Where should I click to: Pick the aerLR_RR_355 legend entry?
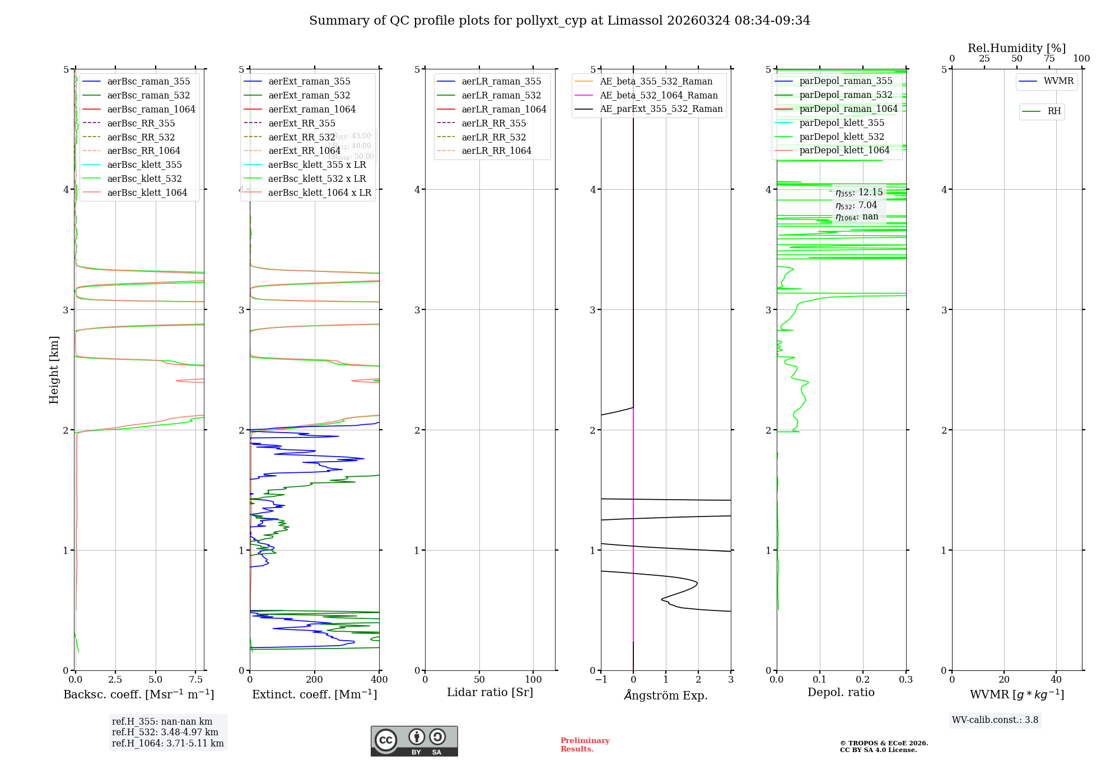(493, 123)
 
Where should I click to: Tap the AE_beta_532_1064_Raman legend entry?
(659, 95)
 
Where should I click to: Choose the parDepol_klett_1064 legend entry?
(844, 150)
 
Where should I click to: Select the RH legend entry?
(1054, 111)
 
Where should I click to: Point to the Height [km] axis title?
(54, 370)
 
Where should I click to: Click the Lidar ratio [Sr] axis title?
(490, 692)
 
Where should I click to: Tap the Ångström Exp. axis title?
(666, 695)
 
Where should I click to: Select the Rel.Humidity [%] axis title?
(1016, 48)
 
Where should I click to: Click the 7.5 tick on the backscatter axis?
(196, 679)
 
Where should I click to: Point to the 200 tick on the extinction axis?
(315, 679)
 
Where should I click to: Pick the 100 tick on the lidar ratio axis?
(533, 679)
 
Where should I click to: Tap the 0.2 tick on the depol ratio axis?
(863, 679)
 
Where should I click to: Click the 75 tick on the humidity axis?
(1049, 58)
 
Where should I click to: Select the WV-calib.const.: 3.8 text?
(995, 720)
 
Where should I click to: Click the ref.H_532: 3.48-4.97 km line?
(165, 732)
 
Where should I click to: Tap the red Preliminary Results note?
(585, 745)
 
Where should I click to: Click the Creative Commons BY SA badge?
(414, 741)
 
